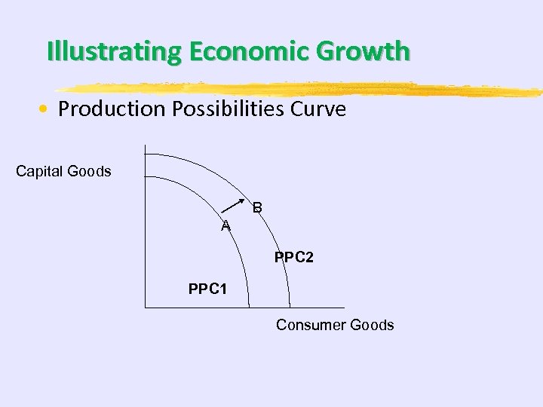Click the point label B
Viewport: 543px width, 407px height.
(x=257, y=207)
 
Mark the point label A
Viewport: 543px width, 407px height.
(x=225, y=226)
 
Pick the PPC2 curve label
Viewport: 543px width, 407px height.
(x=294, y=258)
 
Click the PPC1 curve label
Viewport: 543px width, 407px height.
(x=207, y=289)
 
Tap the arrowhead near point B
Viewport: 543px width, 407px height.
(x=248, y=203)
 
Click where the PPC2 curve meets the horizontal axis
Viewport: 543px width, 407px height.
(x=290, y=308)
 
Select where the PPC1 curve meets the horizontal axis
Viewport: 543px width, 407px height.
(x=248, y=308)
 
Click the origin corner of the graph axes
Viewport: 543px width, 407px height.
(x=145, y=308)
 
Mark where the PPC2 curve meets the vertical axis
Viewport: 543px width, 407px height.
(x=145, y=154)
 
